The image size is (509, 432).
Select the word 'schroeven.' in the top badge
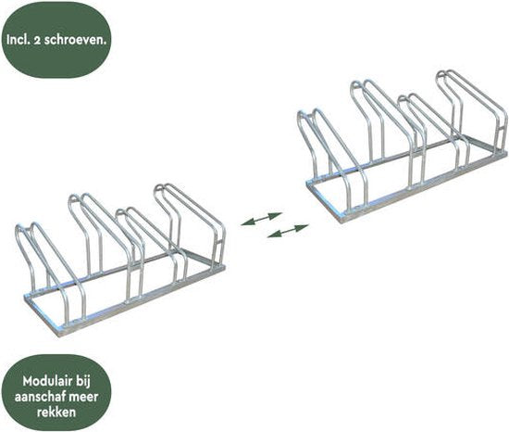tap(76, 40)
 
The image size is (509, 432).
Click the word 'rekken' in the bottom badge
tap(56, 412)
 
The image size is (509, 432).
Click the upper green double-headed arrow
tap(261, 219)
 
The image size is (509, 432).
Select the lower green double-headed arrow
tap(287, 231)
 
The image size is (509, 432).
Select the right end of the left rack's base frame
tap(224, 268)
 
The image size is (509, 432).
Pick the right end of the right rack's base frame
tap(505, 154)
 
